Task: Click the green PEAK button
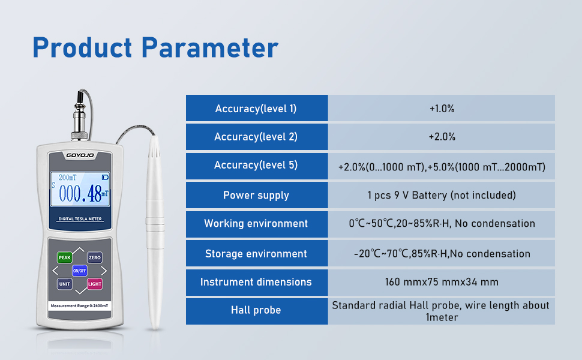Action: point(65,257)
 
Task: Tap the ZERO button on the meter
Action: point(95,257)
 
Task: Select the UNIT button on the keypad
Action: point(65,284)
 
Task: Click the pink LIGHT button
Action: point(95,284)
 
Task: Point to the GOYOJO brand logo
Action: point(80,155)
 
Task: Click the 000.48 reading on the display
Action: point(80,193)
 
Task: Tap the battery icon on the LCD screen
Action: point(106,178)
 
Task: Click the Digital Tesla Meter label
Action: point(80,219)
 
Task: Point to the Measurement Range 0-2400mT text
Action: point(79,306)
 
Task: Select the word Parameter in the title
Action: point(210,48)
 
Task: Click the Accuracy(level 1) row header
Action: point(256,109)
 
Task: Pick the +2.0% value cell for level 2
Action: point(442,137)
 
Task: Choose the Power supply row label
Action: point(256,195)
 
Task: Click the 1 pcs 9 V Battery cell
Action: point(442,195)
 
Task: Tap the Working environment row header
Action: point(256,223)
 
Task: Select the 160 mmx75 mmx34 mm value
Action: point(442,282)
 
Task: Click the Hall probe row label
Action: point(256,310)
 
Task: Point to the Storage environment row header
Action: point(256,253)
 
